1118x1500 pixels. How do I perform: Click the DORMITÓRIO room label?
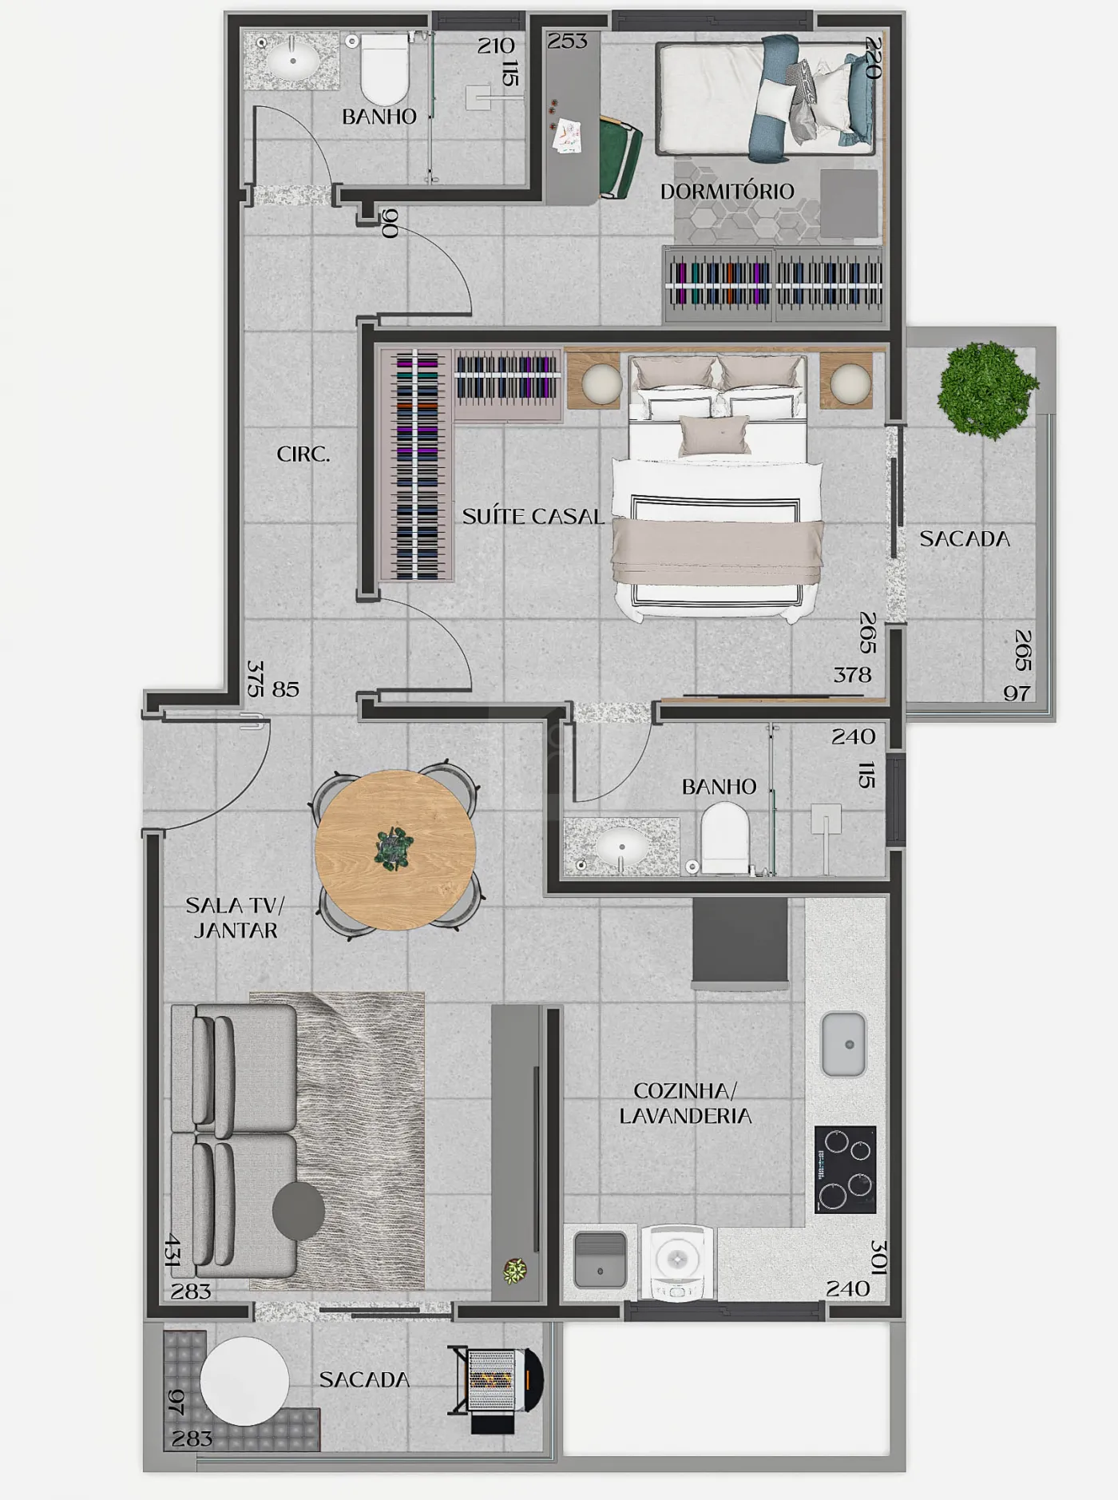pyautogui.click(x=727, y=192)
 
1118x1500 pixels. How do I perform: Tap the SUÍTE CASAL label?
pyautogui.click(x=533, y=516)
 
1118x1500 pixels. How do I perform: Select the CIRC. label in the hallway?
pyautogui.click(x=303, y=454)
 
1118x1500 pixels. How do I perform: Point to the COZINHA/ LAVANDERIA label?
pyautogui.click(x=685, y=1103)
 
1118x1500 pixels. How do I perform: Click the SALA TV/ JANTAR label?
pyautogui.click(x=235, y=918)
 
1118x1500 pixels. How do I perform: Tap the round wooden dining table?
pyautogui.click(x=395, y=850)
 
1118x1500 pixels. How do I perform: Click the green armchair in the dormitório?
pyautogui.click(x=620, y=157)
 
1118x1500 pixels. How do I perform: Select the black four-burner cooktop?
pyautogui.click(x=846, y=1169)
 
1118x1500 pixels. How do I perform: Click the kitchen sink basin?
pyautogui.click(x=844, y=1044)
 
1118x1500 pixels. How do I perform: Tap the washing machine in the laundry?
pyautogui.click(x=677, y=1262)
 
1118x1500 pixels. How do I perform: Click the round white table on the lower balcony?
pyautogui.click(x=244, y=1381)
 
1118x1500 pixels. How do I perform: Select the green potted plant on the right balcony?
pyautogui.click(x=988, y=390)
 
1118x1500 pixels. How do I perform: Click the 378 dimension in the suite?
pyautogui.click(x=852, y=675)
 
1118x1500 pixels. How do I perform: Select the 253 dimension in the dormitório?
pyautogui.click(x=567, y=41)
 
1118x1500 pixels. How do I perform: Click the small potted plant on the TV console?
pyautogui.click(x=515, y=1270)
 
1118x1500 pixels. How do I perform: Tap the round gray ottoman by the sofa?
pyautogui.click(x=299, y=1211)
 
